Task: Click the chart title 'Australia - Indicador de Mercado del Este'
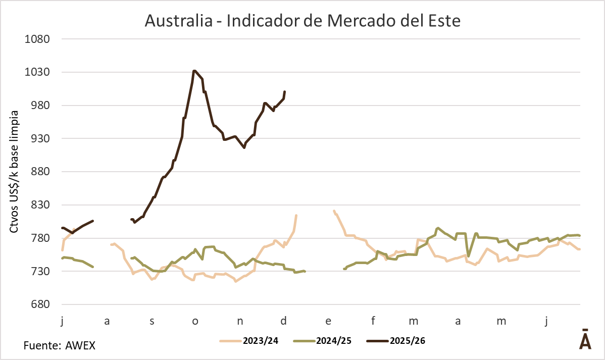click(302, 21)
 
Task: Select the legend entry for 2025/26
click(407, 340)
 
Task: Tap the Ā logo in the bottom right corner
click(584, 340)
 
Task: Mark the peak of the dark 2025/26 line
click(194, 71)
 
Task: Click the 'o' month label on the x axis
click(195, 321)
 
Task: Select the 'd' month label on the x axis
click(284, 321)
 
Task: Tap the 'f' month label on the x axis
click(374, 321)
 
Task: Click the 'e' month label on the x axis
click(328, 321)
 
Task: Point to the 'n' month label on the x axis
click(240, 321)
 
